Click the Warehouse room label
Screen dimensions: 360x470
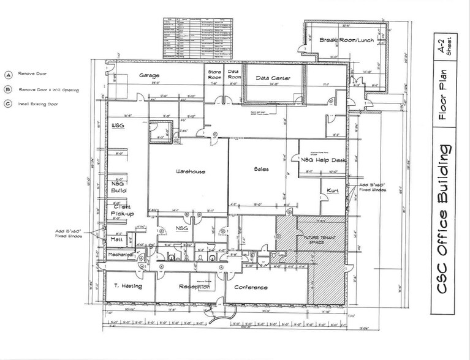click(189, 171)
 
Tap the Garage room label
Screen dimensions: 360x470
click(149, 75)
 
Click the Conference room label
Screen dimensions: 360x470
click(250, 287)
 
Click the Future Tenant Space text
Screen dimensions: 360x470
click(312, 239)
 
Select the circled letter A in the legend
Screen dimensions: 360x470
click(9, 75)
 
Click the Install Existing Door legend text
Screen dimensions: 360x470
click(37, 103)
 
